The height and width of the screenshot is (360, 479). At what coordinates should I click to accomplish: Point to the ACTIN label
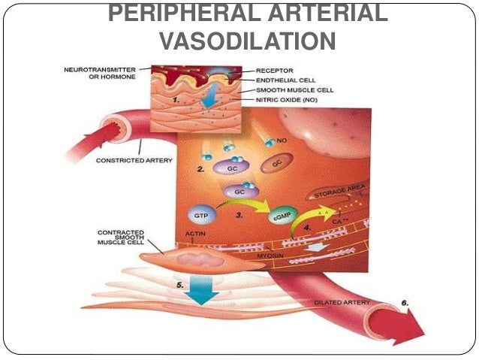click(x=194, y=243)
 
